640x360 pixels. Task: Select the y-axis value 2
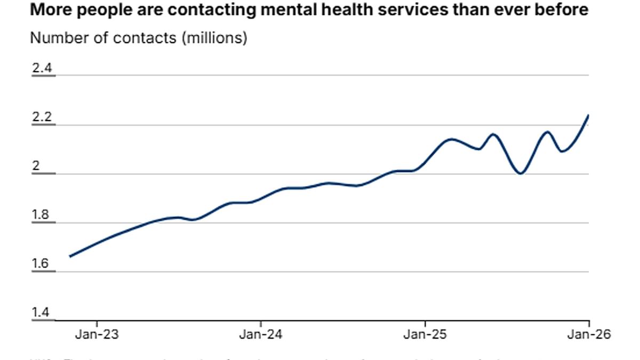36,166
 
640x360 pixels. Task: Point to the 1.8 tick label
42,215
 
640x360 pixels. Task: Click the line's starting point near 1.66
70,257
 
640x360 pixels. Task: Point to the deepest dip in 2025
521,173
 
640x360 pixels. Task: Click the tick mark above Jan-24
260,324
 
